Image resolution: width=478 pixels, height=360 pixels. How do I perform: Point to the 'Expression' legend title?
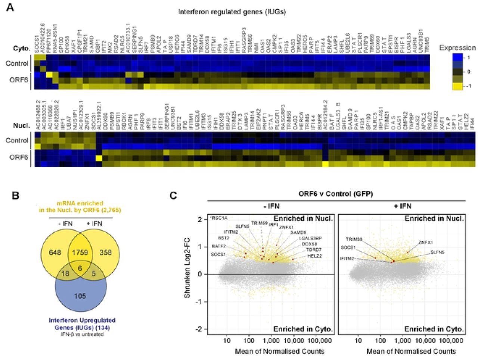pyautogui.click(x=457, y=48)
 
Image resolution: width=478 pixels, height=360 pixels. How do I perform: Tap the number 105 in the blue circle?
pyautogui.click(x=80, y=296)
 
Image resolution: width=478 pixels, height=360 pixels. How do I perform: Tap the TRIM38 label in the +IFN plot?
pyautogui.click(x=354, y=239)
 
